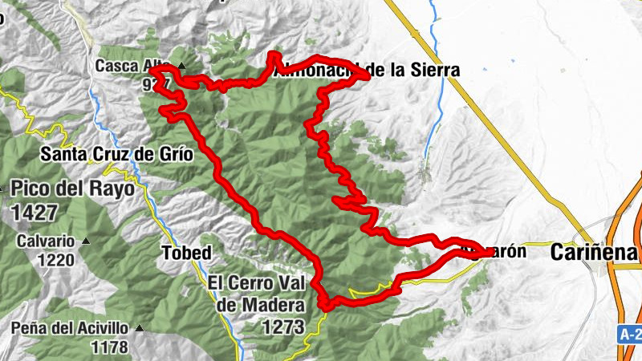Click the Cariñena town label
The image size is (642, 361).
pos(594,253)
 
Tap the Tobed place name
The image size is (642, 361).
pos(186,254)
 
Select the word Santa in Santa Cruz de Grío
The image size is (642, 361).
pos(65,153)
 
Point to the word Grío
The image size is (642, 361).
pos(174,153)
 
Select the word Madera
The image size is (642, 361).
pos(270,305)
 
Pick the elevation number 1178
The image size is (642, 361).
pos(109,347)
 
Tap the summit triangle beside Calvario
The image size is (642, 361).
pos(85,241)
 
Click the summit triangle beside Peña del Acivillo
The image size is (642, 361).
pos(140,328)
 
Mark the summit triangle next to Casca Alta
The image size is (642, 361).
pos(183,66)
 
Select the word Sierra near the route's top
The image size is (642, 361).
pos(434,71)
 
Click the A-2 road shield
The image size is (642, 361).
pos(631,333)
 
